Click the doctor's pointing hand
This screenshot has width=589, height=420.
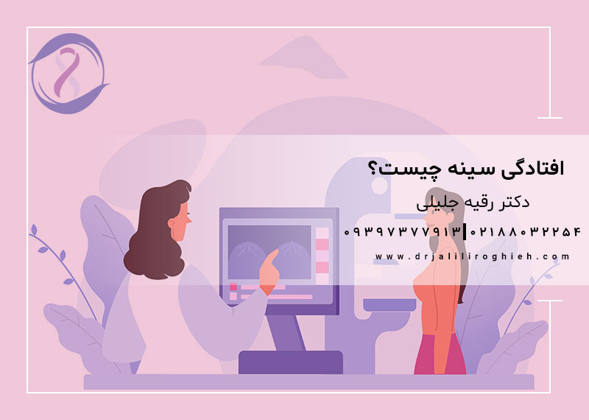272,266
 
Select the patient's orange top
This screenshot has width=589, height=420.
440,302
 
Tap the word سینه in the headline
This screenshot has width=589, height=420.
458,169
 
